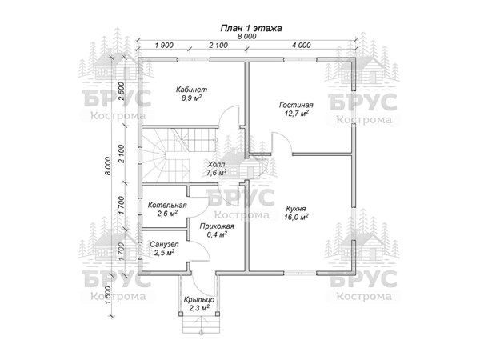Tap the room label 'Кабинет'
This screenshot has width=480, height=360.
(x=192, y=89)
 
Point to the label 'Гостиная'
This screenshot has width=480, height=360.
(x=295, y=105)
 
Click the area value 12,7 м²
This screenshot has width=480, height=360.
(x=295, y=114)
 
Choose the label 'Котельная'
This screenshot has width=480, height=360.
(x=167, y=205)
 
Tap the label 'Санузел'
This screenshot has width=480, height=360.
(x=164, y=243)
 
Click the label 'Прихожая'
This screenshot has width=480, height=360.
(x=214, y=226)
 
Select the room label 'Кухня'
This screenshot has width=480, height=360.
(x=296, y=206)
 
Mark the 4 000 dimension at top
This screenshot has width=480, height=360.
(x=302, y=46)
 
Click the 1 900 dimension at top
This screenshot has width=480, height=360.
(x=166, y=46)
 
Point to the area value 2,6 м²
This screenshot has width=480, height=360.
(x=167, y=214)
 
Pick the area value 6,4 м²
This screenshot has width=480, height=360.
(x=214, y=235)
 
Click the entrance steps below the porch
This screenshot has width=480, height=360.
(x=197, y=323)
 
